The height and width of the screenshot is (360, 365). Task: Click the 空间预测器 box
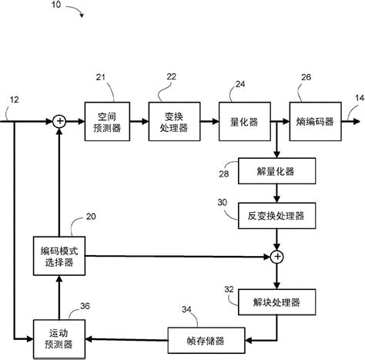[104, 119]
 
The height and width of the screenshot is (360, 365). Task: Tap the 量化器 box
[242, 119]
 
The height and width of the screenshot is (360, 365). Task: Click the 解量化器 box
[276, 170]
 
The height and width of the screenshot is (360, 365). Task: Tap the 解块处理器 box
[276, 299]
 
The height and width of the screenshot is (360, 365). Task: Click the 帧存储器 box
[204, 337]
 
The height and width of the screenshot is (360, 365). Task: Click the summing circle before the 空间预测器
[59, 119]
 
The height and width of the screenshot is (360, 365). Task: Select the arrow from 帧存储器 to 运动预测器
[127, 337]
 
